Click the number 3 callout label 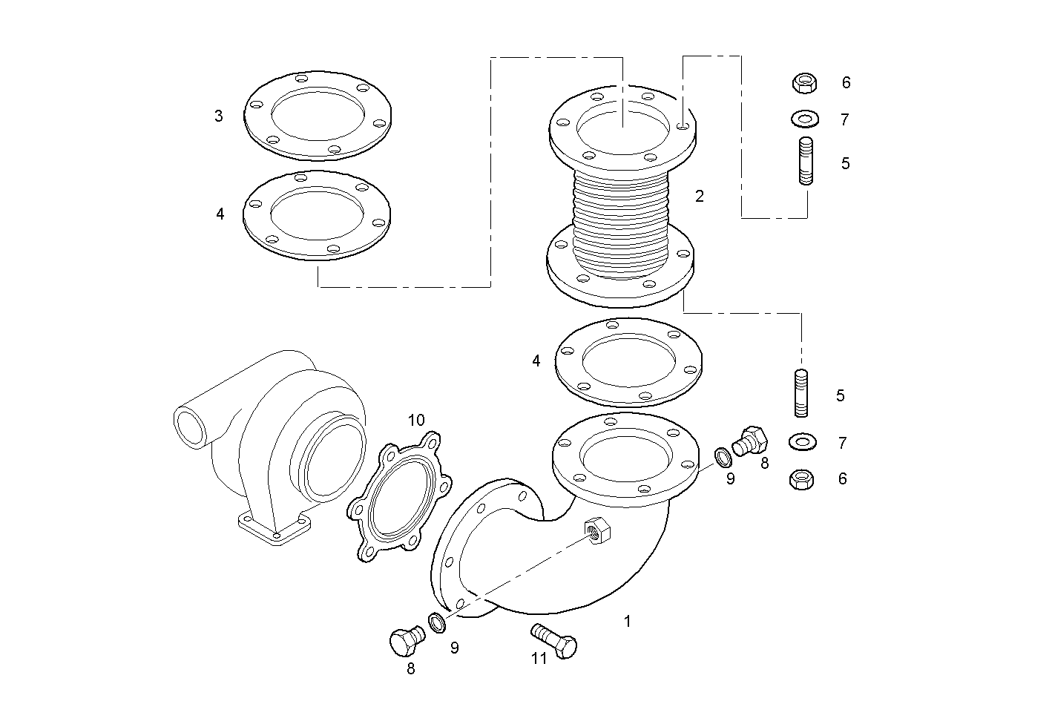tap(218, 116)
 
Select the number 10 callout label tap(416, 421)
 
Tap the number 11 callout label tap(539, 658)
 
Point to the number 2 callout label tap(699, 197)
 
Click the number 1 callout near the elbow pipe tap(627, 622)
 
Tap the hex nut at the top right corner tap(804, 82)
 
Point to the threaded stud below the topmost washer tap(806, 161)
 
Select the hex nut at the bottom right tap(803, 480)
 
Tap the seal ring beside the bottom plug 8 tap(437, 622)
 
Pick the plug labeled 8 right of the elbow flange tap(748, 441)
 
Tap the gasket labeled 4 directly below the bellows tap(629, 362)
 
